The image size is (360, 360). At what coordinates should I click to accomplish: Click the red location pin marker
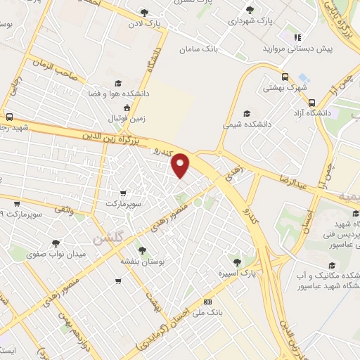pyautogui.click(x=181, y=165)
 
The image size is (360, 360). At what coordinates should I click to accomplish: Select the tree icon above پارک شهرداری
pyautogui.click(x=250, y=10)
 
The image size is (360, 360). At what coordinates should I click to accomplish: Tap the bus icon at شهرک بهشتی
pyautogui.click(x=284, y=77)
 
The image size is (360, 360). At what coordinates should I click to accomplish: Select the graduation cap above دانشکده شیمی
pyautogui.click(x=246, y=112)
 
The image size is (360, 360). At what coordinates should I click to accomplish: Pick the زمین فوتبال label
pyautogui.click(x=127, y=119)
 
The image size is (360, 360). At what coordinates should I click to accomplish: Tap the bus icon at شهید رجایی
pyautogui.click(x=9, y=117)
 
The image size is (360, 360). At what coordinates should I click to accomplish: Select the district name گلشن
pyautogui.click(x=106, y=238)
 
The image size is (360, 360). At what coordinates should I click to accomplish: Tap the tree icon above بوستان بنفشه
pyautogui.click(x=142, y=250)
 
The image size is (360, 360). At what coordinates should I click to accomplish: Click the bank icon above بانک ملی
pyautogui.click(x=207, y=301)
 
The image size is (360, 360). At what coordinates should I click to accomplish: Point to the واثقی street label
pyautogui.click(x=63, y=209)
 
